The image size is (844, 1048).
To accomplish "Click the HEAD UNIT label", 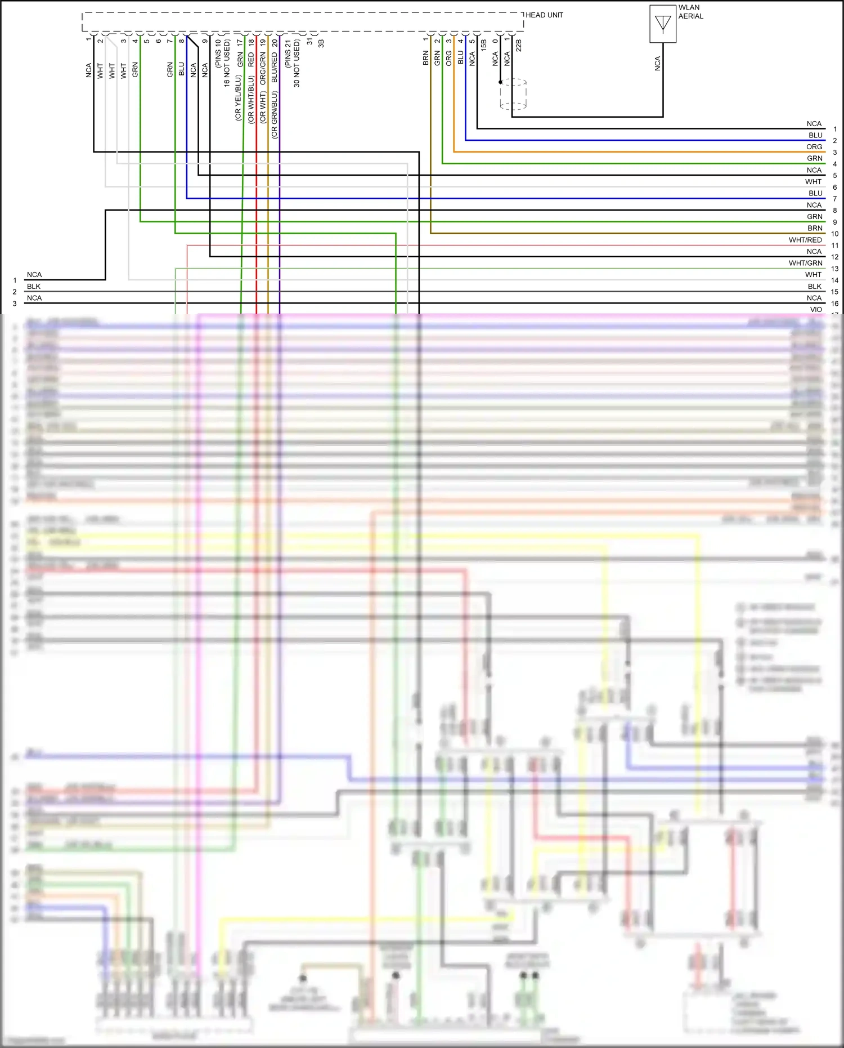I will (x=544, y=15).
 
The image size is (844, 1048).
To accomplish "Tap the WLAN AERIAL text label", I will (x=690, y=12).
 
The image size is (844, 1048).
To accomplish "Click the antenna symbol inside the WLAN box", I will (x=663, y=24).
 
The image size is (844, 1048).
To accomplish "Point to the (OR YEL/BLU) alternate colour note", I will (x=238, y=98).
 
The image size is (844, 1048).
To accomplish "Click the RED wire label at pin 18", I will (x=251, y=60).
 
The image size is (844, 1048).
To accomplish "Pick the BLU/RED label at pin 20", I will (x=275, y=68).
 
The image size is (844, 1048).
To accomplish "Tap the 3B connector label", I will (x=321, y=43).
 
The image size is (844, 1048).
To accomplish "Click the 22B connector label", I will (x=519, y=45).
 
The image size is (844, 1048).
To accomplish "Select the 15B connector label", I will (x=484, y=45).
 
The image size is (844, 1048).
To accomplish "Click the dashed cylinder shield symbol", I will (x=513, y=94).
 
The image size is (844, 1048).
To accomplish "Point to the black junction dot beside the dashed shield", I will (x=500, y=82).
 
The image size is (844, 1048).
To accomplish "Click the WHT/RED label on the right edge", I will (x=805, y=240).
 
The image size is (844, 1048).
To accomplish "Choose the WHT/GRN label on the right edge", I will (x=805, y=263).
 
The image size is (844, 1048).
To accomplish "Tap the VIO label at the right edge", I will (x=816, y=309).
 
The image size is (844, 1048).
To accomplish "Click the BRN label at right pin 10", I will (x=815, y=228).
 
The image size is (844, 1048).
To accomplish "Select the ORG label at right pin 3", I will (x=814, y=146).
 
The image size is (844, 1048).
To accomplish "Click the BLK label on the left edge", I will (x=34, y=286).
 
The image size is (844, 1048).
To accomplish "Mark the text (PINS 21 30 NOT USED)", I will (x=293, y=63).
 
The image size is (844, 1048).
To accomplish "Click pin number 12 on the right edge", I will (x=834, y=257).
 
